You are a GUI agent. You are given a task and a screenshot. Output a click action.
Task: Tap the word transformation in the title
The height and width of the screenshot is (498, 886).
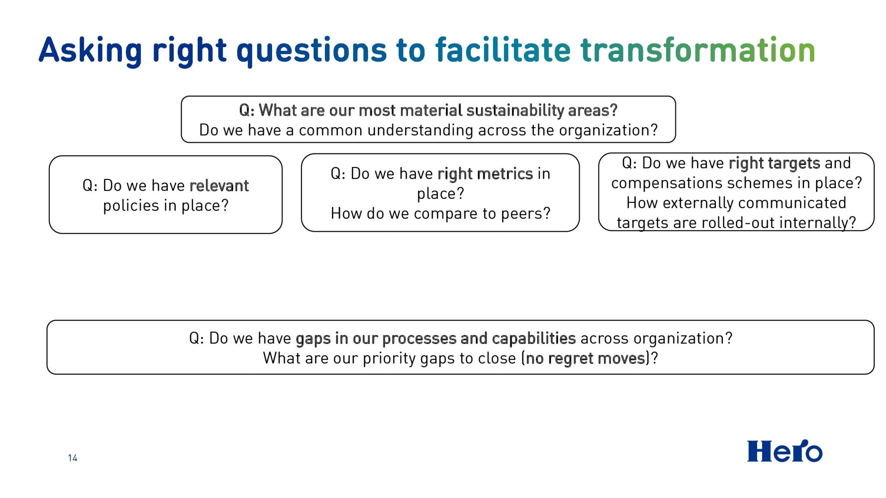[698, 50]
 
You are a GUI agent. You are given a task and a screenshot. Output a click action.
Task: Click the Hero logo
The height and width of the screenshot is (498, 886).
[785, 451]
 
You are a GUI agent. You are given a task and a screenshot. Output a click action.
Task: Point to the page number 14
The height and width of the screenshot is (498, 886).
[73, 458]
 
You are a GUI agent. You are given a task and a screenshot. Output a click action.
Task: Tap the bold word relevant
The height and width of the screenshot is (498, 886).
[219, 186]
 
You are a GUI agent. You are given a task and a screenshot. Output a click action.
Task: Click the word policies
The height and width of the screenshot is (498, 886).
[131, 206]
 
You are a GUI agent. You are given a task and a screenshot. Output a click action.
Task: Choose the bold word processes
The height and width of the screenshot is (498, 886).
[419, 339]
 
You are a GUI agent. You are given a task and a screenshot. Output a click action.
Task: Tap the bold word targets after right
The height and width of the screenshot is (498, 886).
[794, 164]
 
